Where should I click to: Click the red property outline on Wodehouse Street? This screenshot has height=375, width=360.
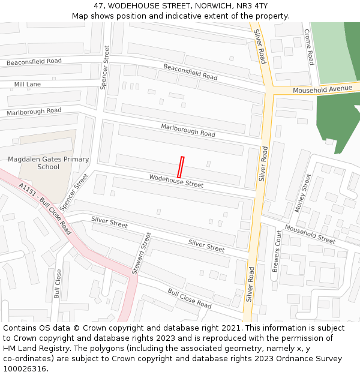coord(181,166)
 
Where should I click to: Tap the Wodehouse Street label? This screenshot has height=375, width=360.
coord(176,181)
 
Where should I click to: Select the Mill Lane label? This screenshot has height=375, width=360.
coord(28,85)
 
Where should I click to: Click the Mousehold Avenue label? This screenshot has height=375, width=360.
coord(322,89)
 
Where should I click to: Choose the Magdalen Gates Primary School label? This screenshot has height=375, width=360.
coord(48,163)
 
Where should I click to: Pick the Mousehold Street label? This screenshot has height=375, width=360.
coord(310,234)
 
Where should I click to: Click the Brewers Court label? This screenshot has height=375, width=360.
coord(277,251)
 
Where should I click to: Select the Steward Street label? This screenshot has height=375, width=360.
coord(142,253)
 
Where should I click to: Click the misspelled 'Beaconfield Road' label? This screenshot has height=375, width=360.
coord(34,62)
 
